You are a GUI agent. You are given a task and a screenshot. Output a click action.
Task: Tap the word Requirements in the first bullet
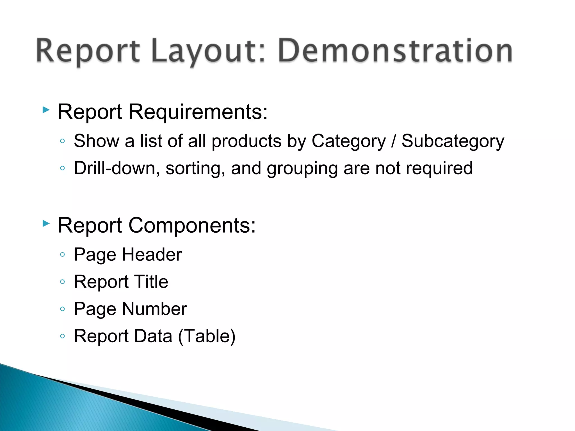[198, 112]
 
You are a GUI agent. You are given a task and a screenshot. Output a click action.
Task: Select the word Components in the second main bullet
[192, 225]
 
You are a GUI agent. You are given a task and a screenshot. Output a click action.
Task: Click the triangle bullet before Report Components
[46, 223]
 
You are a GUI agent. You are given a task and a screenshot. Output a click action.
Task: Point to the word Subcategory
[453, 141]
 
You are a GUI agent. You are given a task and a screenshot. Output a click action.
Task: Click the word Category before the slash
[348, 141]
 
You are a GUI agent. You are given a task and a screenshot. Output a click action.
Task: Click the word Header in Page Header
[152, 255]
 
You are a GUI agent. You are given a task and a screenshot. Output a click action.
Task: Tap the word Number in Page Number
[154, 309]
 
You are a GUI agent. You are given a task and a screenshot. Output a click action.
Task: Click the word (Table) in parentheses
[207, 336]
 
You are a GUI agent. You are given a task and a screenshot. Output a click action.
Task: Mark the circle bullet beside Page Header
[63, 255]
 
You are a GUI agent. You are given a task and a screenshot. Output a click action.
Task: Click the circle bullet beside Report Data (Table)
[63, 336]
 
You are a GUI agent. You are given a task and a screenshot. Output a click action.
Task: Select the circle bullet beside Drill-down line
[63, 168]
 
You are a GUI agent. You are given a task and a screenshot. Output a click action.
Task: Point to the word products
[247, 141]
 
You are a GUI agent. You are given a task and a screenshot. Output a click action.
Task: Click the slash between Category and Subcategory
[393, 141]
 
